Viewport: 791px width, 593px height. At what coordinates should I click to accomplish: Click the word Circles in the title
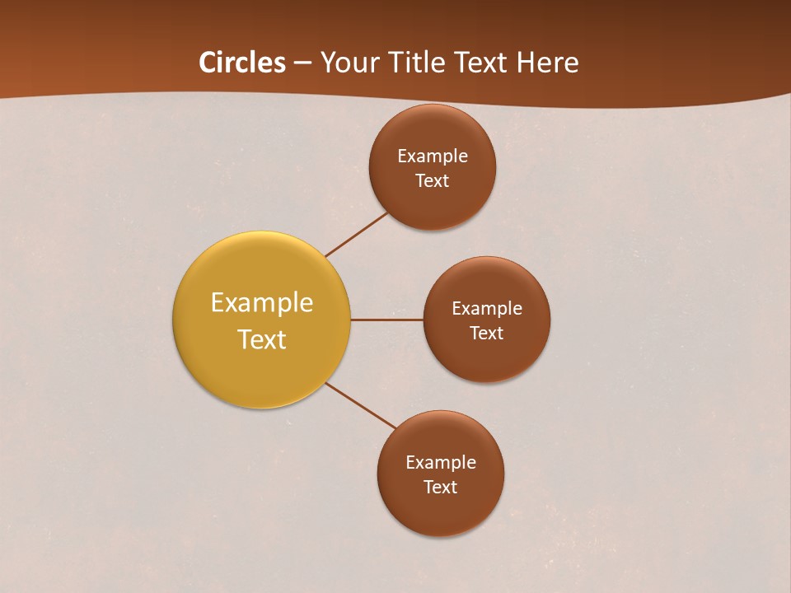[x=242, y=63]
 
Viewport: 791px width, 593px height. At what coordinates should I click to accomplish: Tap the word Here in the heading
[x=547, y=63]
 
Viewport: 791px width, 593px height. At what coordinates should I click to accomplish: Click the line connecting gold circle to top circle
[x=357, y=235]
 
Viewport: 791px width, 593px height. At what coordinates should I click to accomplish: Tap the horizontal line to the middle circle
[x=386, y=320]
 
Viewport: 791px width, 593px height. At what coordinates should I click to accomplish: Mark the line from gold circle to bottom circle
[x=361, y=405]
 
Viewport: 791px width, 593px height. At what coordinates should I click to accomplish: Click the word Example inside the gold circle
[x=262, y=303]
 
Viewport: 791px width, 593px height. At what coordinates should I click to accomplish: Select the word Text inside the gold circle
[x=262, y=339]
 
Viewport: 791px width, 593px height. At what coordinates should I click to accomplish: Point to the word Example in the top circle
[x=433, y=156]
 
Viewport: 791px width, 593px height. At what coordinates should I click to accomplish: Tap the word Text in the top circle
[x=432, y=180]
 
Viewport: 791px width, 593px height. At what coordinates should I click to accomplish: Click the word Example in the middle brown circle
[x=487, y=309]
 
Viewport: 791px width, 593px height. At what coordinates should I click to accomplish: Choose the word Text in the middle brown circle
[x=486, y=333]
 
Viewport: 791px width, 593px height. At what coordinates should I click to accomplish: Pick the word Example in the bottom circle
[x=441, y=463]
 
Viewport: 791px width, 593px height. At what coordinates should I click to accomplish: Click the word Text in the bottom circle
[x=440, y=487]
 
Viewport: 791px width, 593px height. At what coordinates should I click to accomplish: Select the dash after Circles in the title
[x=302, y=63]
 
